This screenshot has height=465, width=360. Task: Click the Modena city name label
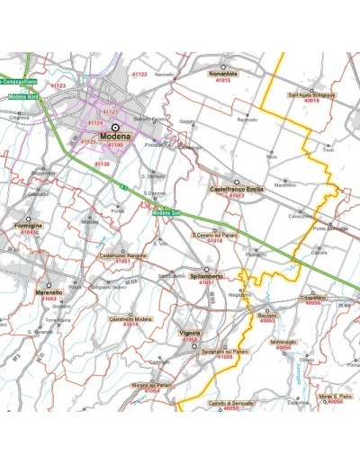pyautogui.click(x=115, y=137)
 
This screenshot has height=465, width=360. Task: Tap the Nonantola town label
pyautogui.click(x=222, y=73)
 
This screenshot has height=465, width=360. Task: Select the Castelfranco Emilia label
pyautogui.click(x=236, y=189)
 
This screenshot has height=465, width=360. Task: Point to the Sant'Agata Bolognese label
pyautogui.click(x=311, y=94)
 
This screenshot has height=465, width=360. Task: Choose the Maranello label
pyautogui.click(x=49, y=292)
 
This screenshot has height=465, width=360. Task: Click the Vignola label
pyautogui.click(x=190, y=333)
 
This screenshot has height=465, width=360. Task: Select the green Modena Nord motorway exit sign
pyautogui.click(x=24, y=96)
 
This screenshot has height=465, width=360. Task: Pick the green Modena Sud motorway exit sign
pyautogui.click(x=167, y=213)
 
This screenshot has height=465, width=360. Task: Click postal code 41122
pyautogui.click(x=114, y=74)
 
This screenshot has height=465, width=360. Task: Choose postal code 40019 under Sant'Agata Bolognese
pyautogui.click(x=311, y=101)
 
